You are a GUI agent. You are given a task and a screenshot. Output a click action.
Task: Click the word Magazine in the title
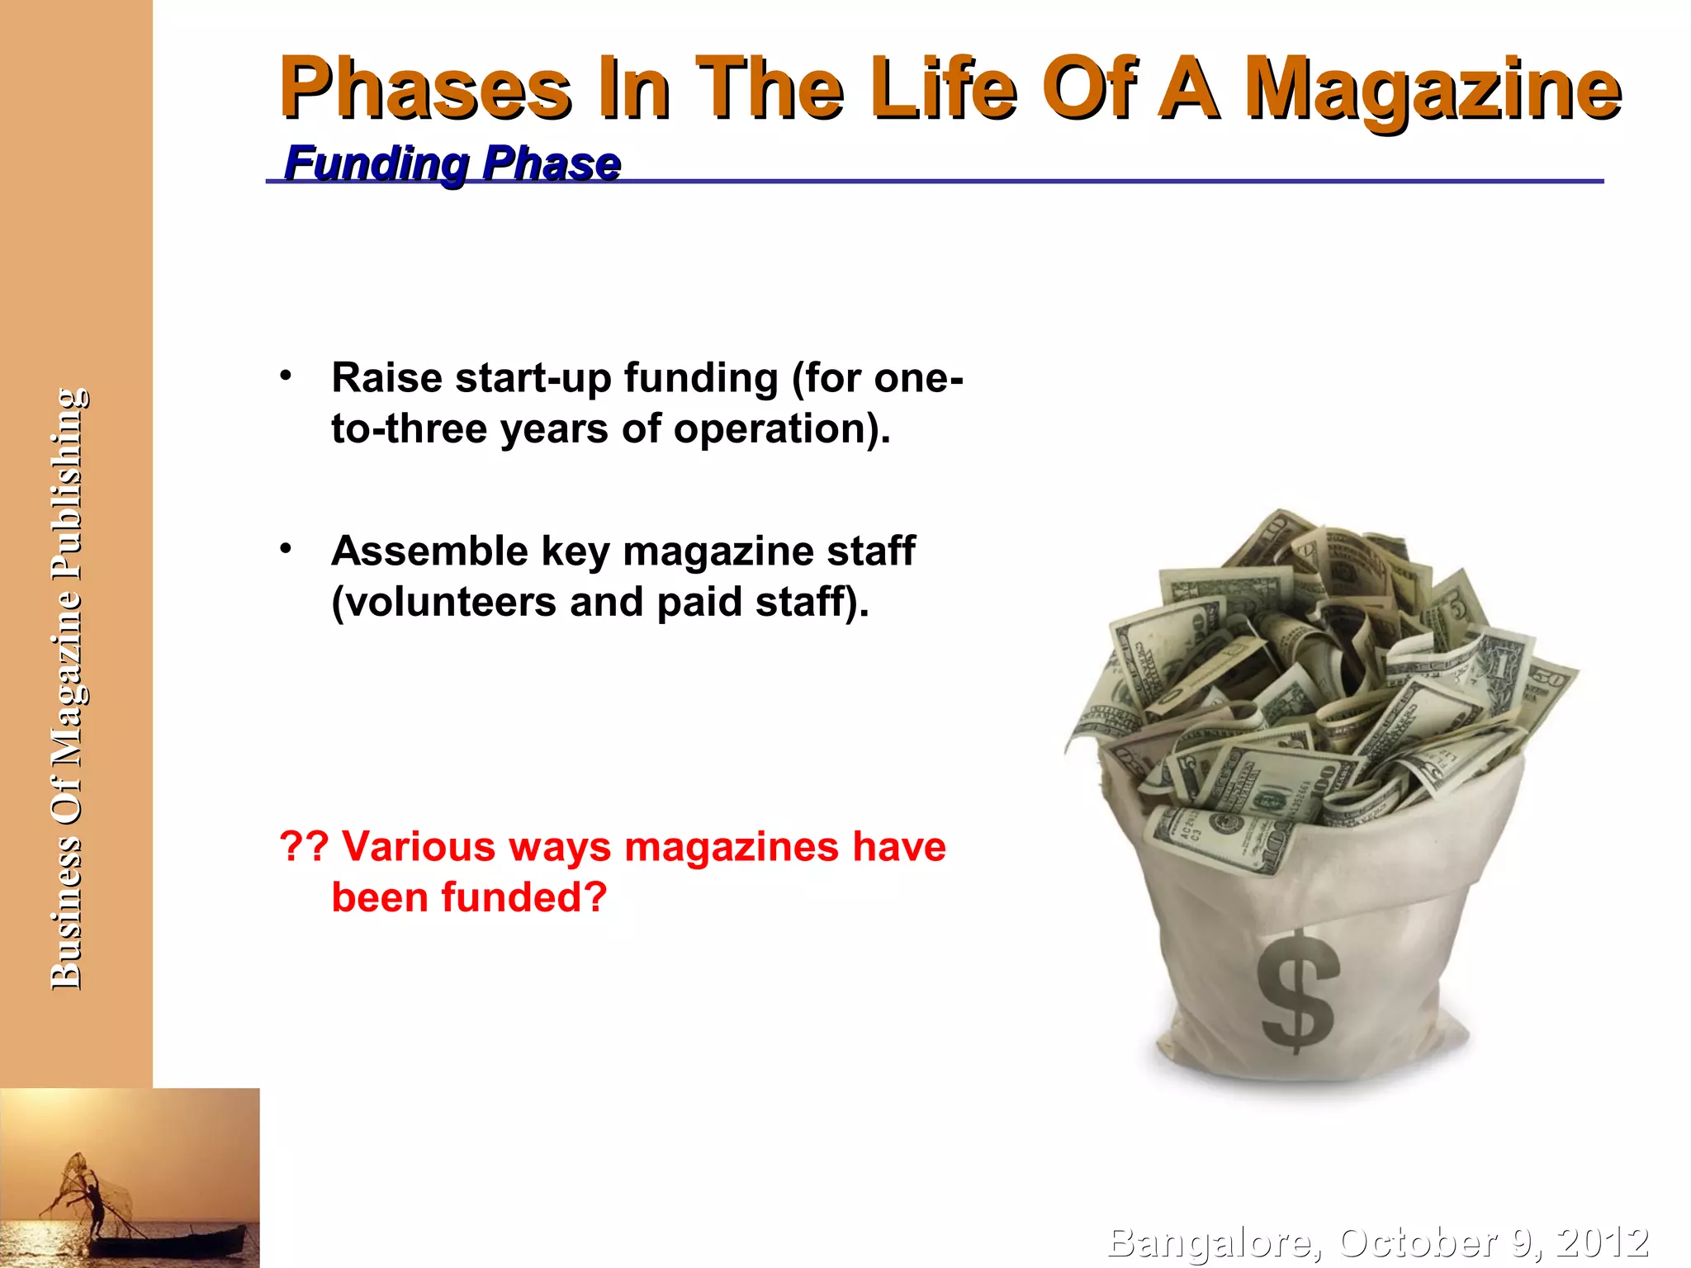[1433, 89]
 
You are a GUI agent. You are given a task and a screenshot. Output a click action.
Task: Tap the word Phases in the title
[425, 89]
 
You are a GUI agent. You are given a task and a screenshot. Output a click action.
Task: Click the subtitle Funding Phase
[452, 163]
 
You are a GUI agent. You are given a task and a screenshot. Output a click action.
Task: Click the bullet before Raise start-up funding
[286, 376]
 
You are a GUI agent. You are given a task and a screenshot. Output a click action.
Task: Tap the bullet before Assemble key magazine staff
[286, 549]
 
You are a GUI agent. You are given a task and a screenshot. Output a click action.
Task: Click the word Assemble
[429, 551]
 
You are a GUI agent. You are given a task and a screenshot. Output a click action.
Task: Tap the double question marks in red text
[304, 846]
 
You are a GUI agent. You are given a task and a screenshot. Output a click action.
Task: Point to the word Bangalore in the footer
[1210, 1242]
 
